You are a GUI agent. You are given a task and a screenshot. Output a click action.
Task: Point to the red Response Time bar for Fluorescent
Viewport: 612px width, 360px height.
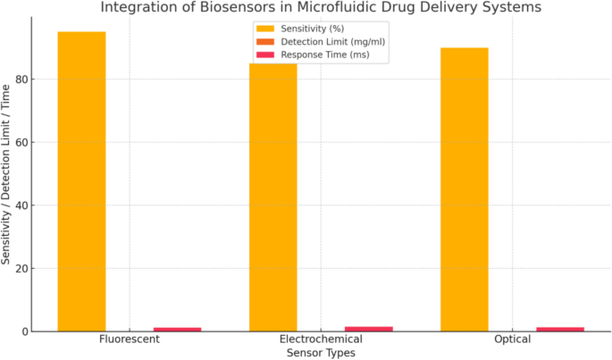(177, 329)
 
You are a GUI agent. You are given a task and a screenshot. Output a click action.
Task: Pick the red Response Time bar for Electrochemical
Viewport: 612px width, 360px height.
(368, 329)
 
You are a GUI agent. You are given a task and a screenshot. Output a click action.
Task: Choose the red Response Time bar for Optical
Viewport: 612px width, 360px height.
(559, 329)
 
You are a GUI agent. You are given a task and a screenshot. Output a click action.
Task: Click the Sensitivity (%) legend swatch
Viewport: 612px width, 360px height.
(265, 29)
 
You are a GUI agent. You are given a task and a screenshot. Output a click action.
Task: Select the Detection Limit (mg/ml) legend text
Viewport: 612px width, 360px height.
(325, 42)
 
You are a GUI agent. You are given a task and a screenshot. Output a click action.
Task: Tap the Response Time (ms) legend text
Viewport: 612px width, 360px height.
(323, 54)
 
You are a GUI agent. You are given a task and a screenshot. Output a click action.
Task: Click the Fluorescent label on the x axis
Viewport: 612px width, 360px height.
(130, 340)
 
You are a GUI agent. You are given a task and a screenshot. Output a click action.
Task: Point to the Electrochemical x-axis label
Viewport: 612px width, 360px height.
(321, 340)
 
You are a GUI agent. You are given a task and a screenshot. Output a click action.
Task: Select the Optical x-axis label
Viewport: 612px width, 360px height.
(512, 340)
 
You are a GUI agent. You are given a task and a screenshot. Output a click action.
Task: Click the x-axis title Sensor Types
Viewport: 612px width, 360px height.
(321, 353)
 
